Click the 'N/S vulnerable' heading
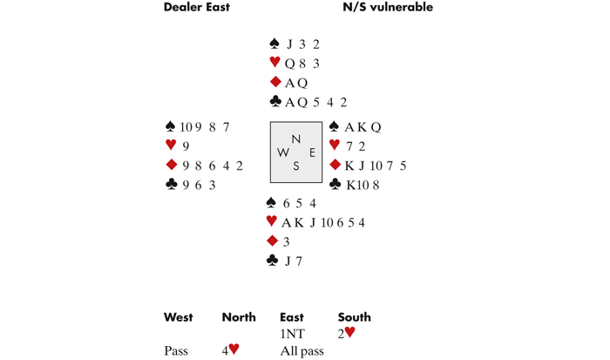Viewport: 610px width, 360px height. tap(388, 8)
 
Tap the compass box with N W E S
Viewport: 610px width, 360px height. tap(296, 153)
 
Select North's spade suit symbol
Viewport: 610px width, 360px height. tap(275, 44)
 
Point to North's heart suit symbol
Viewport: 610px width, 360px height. tap(275, 63)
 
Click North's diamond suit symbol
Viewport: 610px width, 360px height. tap(275, 82)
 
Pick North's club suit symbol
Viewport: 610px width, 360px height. tap(275, 102)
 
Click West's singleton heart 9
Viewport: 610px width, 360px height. tap(186, 146)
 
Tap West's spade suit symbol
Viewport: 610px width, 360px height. tap(171, 127)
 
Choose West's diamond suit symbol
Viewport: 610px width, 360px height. tap(171, 165)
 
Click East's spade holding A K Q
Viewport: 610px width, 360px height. tap(363, 127)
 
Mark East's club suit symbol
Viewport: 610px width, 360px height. tap(335, 184)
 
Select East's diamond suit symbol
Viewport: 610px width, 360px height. tap(335, 165)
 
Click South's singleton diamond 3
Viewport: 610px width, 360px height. tap(286, 241)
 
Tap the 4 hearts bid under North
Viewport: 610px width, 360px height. tap(230, 350)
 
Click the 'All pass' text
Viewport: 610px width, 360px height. tap(302, 350)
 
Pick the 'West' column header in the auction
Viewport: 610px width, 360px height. tap(179, 317)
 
